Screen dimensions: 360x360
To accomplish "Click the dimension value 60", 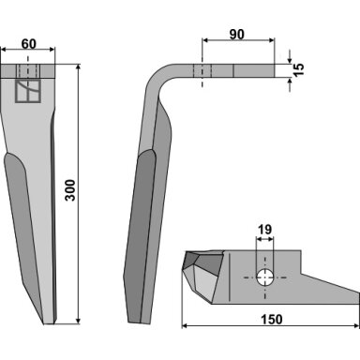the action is (x=29, y=44).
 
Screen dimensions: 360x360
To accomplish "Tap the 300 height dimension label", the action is (x=70, y=190).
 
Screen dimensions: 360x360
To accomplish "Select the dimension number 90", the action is (x=237, y=35).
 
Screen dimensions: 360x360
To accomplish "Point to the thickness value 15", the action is (x=299, y=69).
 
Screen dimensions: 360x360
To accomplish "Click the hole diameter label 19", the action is (x=264, y=230).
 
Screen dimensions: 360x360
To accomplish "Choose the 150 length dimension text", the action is (x=271, y=320).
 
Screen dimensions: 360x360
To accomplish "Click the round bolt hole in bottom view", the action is (x=265, y=277).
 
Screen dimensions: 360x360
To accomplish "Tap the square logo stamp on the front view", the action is (x=28, y=91).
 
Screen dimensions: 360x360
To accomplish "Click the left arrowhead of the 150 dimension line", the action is (x=185, y=326).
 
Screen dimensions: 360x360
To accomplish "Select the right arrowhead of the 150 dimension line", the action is (x=357, y=326).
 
